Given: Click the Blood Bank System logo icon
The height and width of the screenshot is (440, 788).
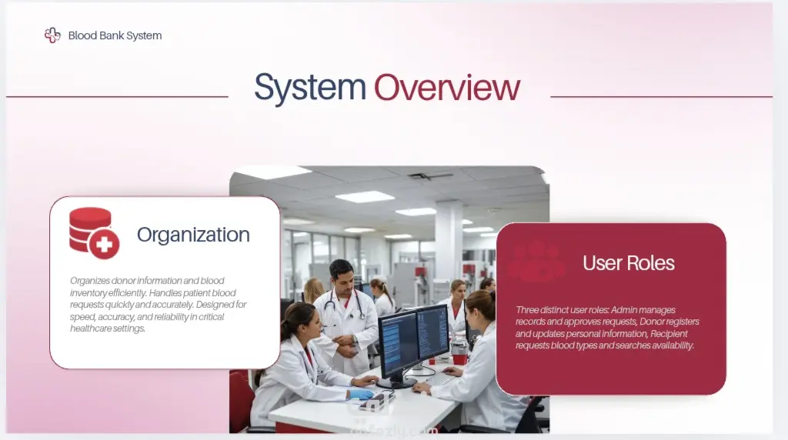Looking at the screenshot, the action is click(52, 35).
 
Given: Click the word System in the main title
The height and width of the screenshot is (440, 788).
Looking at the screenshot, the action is click(309, 88).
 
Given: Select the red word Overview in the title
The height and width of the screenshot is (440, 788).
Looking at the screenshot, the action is click(447, 88).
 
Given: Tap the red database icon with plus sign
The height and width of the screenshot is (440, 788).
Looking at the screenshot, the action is click(94, 233).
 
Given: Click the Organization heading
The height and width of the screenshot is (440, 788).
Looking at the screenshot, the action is click(193, 235).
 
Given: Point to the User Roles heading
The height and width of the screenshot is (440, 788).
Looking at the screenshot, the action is click(628, 263).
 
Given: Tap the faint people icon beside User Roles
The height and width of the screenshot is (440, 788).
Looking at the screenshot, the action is click(536, 262).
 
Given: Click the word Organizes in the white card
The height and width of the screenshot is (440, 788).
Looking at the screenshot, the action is click(89, 281).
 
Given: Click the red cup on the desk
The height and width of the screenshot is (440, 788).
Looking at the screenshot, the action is click(459, 359).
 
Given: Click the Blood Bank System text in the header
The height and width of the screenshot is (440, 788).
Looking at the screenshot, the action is click(115, 35).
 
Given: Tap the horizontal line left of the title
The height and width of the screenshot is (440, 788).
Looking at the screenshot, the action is click(117, 96).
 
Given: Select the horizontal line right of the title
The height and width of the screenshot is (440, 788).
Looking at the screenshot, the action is click(661, 96).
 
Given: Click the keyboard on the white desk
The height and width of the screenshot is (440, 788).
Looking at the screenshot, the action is click(439, 378).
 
